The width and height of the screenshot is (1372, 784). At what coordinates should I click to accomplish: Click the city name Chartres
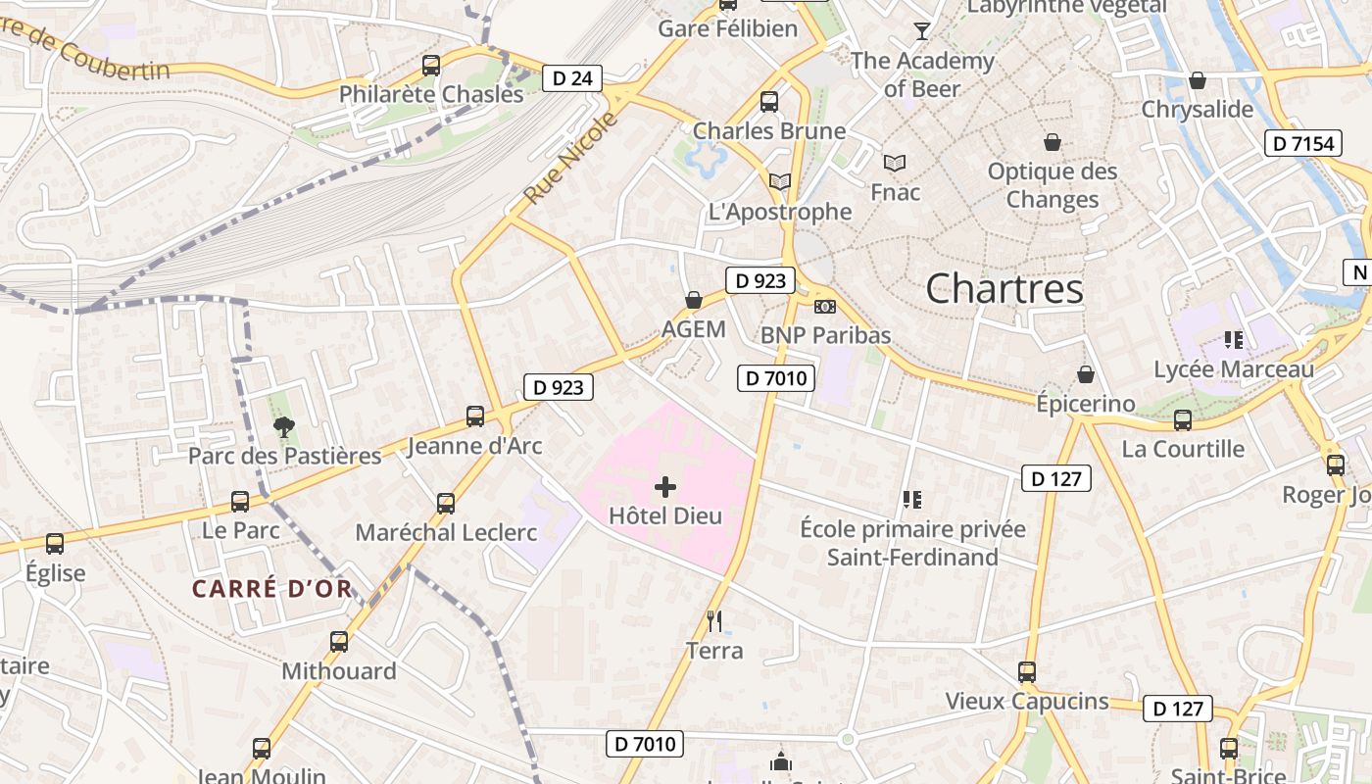pos(1004,288)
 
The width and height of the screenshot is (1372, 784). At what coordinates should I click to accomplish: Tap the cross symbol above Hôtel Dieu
pos(665,486)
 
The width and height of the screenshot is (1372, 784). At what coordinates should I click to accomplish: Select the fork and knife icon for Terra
pos(714,620)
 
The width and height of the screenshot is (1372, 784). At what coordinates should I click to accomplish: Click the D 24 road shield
pos(572,78)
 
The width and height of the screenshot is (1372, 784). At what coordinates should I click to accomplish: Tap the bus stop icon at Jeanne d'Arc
pos(475,416)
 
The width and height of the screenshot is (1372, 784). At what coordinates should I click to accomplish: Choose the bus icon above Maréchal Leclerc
pos(446,503)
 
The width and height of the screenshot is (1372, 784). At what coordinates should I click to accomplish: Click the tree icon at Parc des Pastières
pos(284,426)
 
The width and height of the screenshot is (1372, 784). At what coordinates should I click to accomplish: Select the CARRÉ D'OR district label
pos(271,589)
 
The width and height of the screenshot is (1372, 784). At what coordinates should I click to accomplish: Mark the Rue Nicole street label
pos(571,159)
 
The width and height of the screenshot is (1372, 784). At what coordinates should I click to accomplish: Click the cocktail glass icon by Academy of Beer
pos(921,31)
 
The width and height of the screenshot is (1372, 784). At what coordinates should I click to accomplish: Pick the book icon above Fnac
pos(894,163)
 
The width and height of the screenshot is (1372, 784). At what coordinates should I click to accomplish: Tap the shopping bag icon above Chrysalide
pos(1197,80)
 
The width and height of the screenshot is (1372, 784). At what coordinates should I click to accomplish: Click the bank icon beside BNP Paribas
pos(825,307)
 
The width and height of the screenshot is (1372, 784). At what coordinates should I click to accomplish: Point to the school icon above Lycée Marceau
pos(1233,340)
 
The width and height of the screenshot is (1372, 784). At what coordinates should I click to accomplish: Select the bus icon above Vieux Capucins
pos(1027,671)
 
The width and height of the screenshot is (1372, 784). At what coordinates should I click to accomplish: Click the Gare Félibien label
pos(727,28)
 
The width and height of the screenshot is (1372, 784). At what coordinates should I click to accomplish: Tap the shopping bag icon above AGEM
pos(694,300)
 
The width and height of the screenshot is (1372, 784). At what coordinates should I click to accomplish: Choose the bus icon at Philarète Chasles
pos(431,66)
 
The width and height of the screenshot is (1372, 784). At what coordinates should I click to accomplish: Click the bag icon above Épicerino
pos(1086,374)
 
